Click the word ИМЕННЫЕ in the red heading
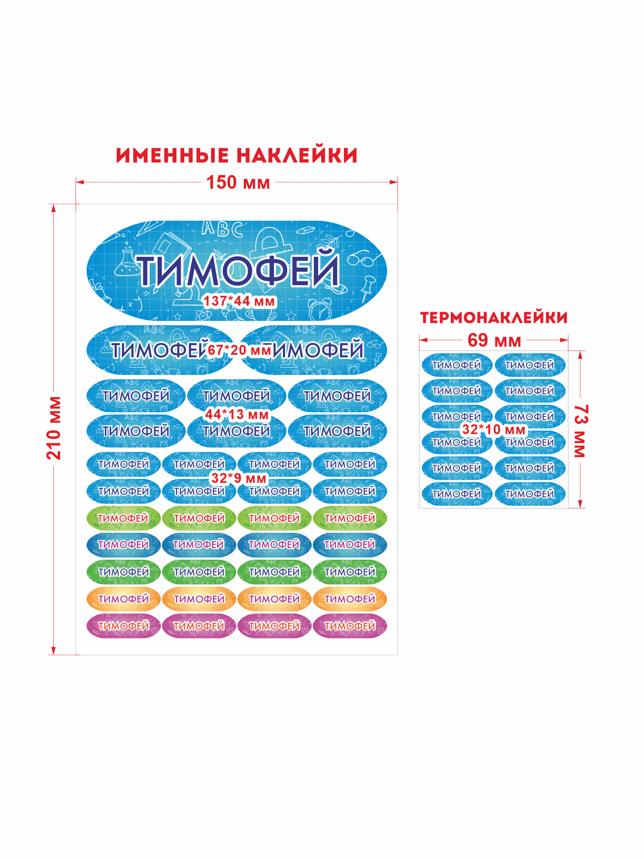[x=172, y=155]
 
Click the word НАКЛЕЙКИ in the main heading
[x=297, y=155]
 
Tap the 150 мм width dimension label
[x=238, y=182]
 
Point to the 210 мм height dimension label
[x=54, y=428]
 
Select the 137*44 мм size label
[x=239, y=301]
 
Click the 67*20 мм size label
[x=240, y=350]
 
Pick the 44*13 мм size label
[x=237, y=414]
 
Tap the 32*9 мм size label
[x=239, y=478]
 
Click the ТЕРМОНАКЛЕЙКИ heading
[x=494, y=318]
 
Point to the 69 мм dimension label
[x=494, y=340]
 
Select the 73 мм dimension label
[x=580, y=431]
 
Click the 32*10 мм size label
[x=494, y=429]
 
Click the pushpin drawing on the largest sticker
[x=367, y=288]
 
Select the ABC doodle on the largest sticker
[x=222, y=228]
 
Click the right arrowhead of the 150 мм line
[x=394, y=182]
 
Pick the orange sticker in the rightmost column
[x=350, y=599]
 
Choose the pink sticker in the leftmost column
[x=124, y=626]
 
